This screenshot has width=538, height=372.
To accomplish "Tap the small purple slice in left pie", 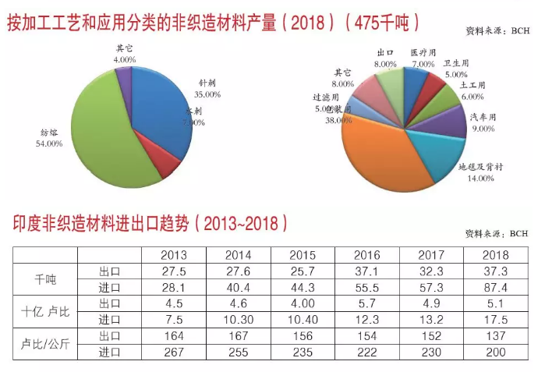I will [123, 76].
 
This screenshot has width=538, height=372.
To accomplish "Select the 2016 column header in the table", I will [366, 255].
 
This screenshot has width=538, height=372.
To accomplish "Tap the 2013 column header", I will [173, 255].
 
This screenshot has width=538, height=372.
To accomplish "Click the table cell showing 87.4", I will [495, 288].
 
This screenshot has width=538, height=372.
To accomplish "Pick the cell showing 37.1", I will [366, 271].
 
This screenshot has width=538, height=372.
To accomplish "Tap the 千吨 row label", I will [45, 279].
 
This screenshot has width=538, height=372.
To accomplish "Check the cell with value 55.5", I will [366, 288].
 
